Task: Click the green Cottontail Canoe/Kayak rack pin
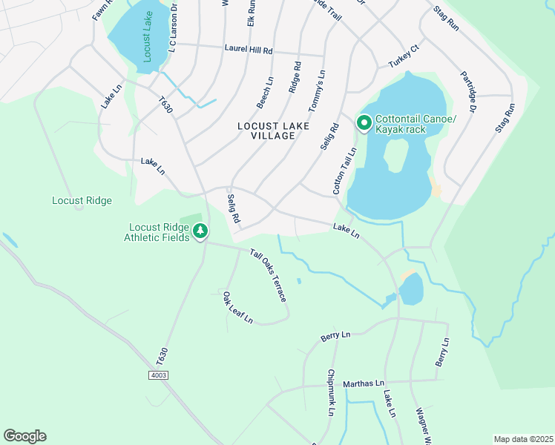click(364, 123)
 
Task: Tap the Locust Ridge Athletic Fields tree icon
click(200, 232)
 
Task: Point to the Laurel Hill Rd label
click(249, 50)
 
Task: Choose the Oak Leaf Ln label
click(238, 308)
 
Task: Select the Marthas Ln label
click(364, 383)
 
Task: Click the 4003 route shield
click(157, 375)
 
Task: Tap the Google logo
click(24, 436)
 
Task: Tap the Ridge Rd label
click(295, 77)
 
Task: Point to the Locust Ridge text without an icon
click(82, 200)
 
